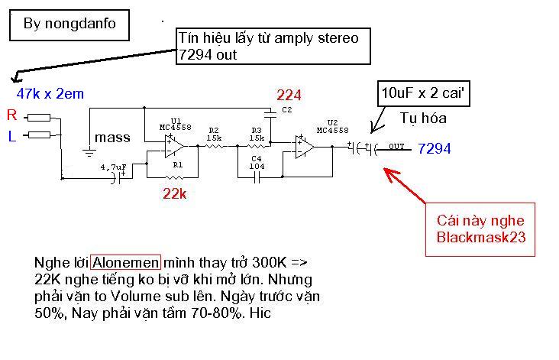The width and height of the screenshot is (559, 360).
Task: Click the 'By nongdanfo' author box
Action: (69, 24)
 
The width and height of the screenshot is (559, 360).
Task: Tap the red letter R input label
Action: (11, 115)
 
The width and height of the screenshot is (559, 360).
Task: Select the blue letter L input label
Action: (11, 136)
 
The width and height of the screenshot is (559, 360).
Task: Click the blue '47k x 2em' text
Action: (50, 93)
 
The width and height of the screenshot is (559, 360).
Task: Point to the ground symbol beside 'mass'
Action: (89, 153)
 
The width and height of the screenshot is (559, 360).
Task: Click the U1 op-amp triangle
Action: (174, 146)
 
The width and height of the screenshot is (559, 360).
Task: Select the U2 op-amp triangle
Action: (305, 147)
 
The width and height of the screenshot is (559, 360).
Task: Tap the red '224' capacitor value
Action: (289, 96)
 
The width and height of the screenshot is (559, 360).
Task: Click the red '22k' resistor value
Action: (174, 193)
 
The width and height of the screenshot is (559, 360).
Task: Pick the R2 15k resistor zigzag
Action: (215, 146)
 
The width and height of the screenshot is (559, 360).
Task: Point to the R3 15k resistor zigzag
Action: (257, 146)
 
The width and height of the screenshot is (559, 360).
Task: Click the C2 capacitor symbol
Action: (270, 114)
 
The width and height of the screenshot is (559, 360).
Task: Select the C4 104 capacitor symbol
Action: (257, 177)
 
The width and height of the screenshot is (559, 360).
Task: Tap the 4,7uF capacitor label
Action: (113, 167)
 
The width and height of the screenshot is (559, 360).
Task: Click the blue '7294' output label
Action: (435, 148)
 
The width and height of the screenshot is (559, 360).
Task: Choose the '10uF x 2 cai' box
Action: (424, 93)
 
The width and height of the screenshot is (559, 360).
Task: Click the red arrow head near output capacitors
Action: (390, 174)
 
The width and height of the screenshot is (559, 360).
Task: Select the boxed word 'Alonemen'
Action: (125, 263)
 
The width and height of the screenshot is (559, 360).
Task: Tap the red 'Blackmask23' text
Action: (481, 237)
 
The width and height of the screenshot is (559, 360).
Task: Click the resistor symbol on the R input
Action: (39, 118)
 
